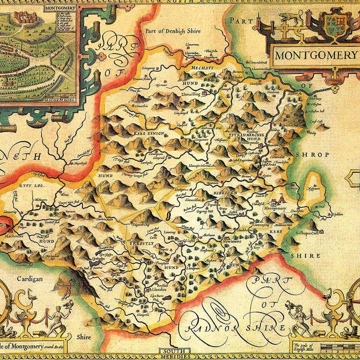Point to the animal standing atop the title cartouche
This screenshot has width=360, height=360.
290,19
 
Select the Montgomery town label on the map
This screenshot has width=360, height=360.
274,208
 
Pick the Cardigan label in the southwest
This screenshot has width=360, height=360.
28,279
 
